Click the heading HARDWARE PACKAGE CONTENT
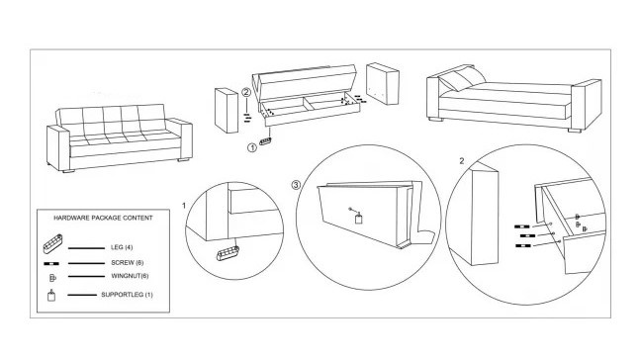tap(103, 218)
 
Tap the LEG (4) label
tap(122, 247)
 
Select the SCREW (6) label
tap(128, 263)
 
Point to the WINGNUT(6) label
tap(130, 276)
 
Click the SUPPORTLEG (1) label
tap(127, 295)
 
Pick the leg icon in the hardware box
tap(52, 243)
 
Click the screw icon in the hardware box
tap(51, 264)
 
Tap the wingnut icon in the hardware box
tap(52, 278)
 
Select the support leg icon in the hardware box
tap(51, 295)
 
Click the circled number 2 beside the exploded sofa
tap(246, 92)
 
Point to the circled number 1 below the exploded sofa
tap(252, 147)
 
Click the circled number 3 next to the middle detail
tap(296, 185)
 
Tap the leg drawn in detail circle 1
tap(228, 254)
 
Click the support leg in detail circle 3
tap(358, 219)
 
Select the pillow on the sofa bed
tap(462, 79)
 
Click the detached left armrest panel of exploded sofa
tap(227, 110)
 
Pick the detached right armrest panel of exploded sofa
tap(383, 84)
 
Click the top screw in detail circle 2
tap(522, 226)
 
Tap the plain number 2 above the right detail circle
tap(462, 161)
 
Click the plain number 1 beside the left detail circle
tap(184, 206)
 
